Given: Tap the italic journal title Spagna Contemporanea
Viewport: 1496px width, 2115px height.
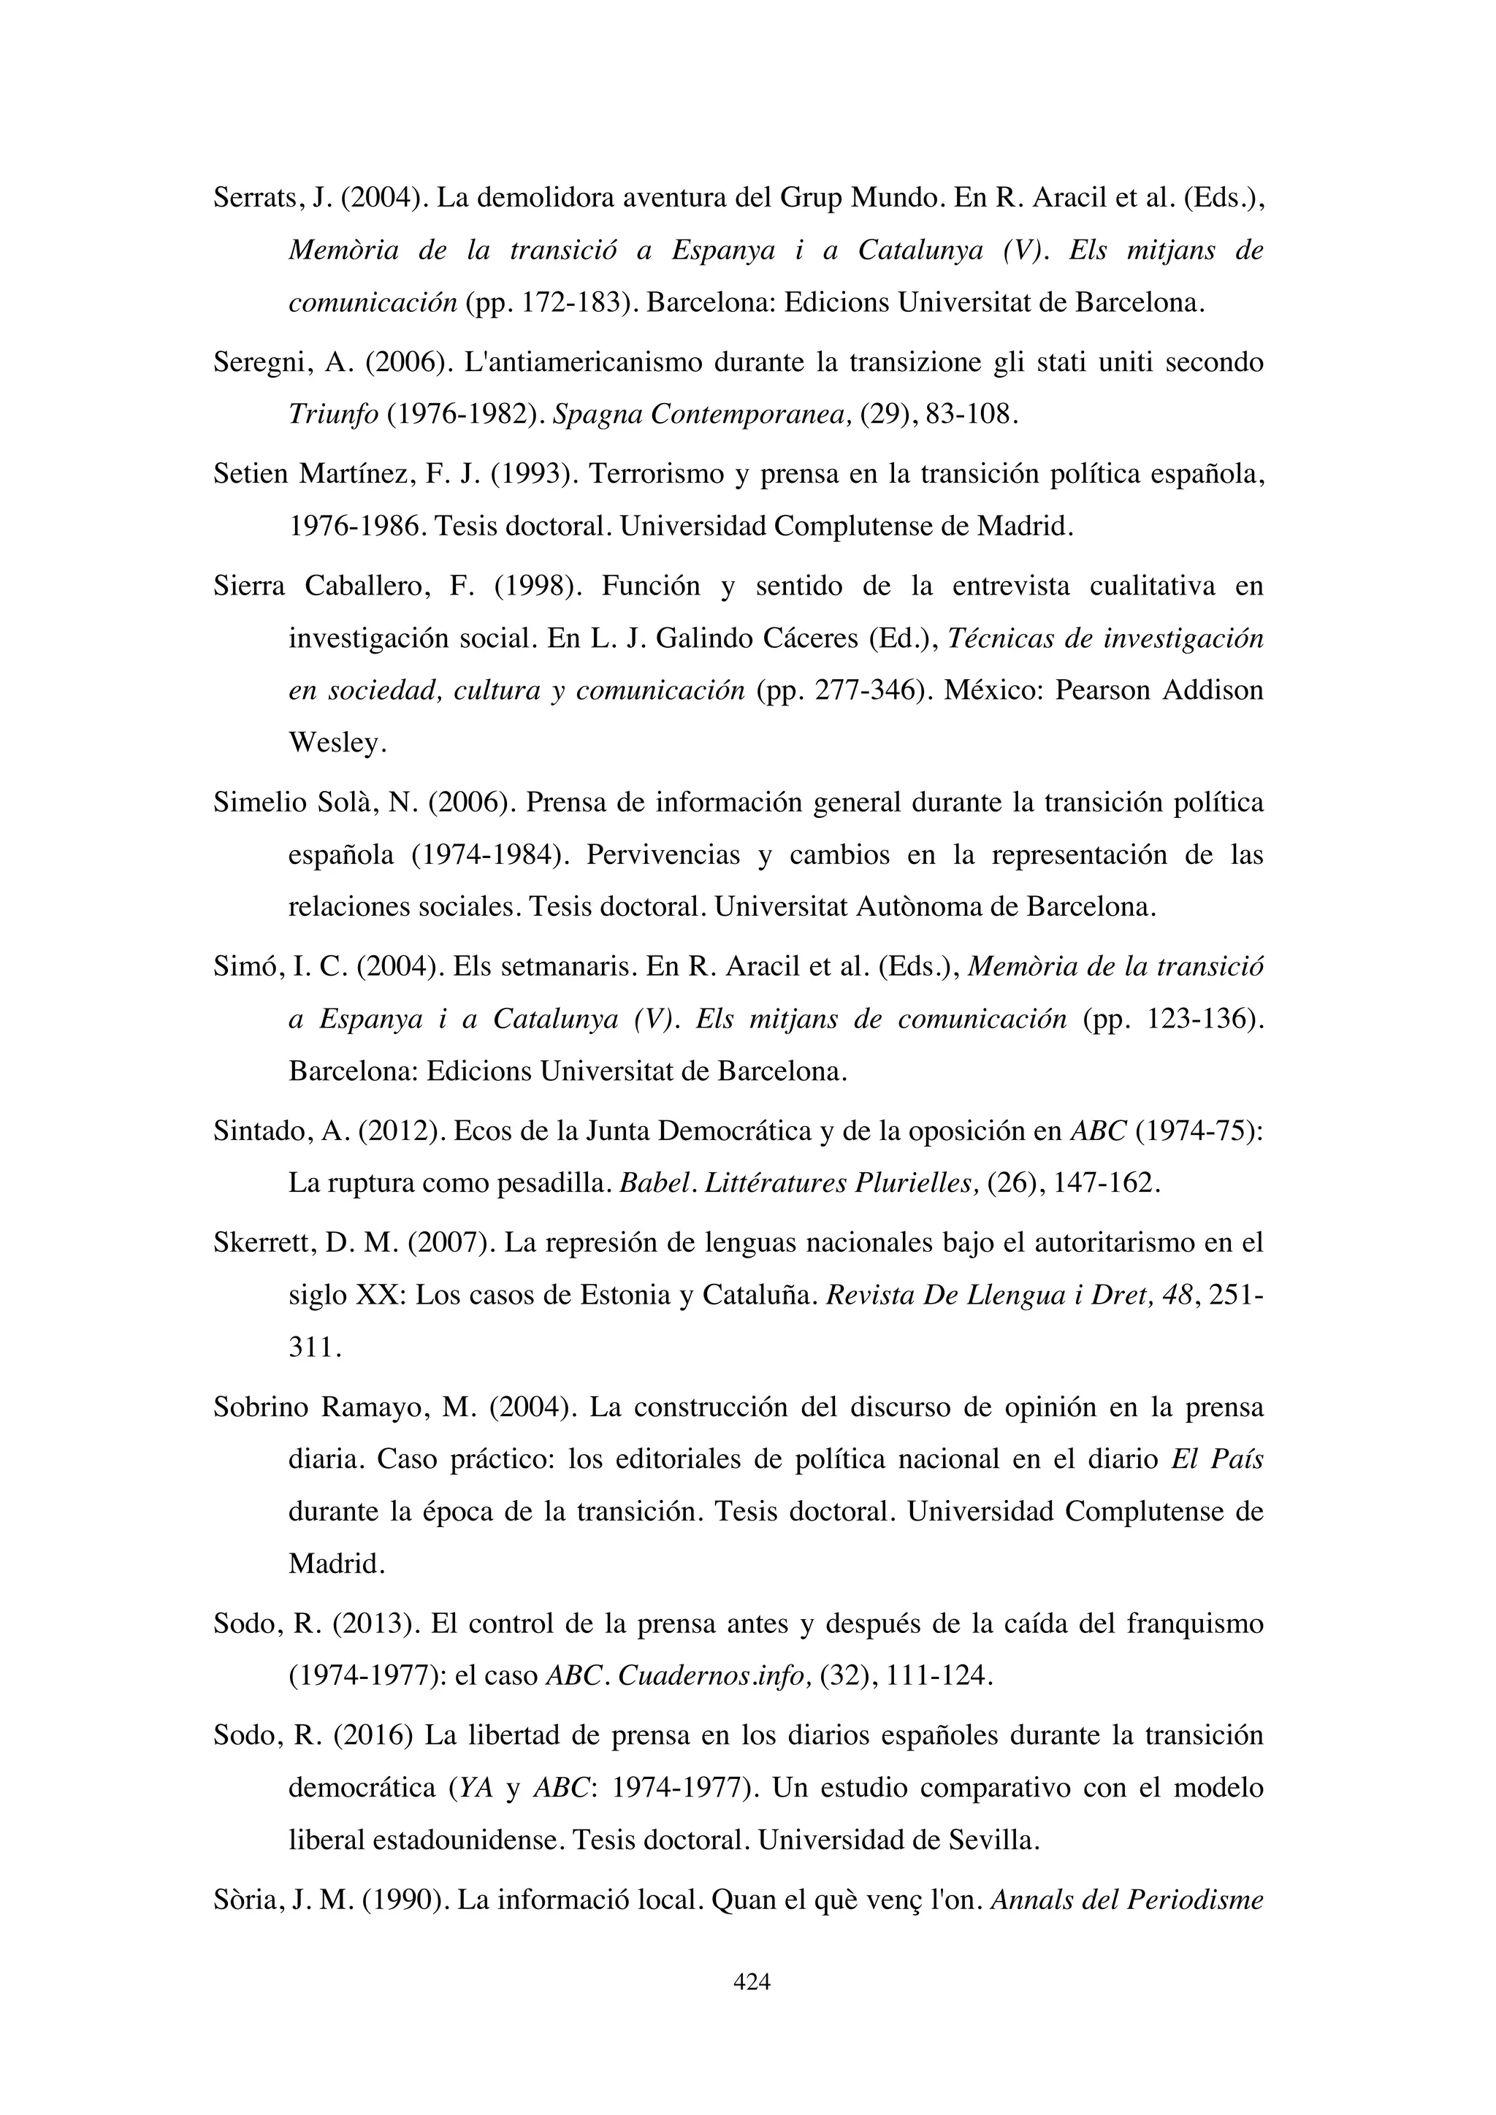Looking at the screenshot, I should (703, 415).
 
